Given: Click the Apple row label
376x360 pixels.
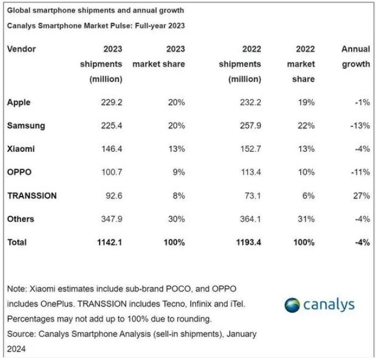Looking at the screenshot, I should pos(19,102).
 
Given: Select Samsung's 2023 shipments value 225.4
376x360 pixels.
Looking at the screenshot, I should pos(111,126).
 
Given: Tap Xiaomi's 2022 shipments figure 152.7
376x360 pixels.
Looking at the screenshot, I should pos(250,149).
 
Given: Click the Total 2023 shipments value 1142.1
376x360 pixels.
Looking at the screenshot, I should pos(109,242).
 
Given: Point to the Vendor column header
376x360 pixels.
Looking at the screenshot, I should pos(22,49).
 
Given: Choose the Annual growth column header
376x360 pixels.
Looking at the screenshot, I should pos(356,56).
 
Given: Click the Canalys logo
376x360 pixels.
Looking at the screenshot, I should pos(320,304).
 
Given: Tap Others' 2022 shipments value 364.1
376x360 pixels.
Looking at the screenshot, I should pos(250,219).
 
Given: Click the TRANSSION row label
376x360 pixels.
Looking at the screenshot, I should pos(32,196).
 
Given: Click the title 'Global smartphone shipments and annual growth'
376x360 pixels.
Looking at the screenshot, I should pos(95,11).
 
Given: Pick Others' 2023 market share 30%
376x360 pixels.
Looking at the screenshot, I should pos(176,219).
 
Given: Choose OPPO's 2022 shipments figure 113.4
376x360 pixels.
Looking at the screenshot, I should pos(250,172).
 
